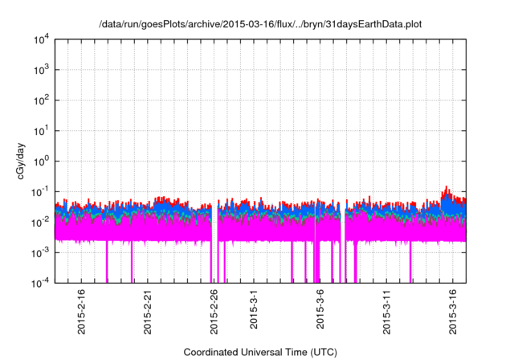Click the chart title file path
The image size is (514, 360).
[259, 25]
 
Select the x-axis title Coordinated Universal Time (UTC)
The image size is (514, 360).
[259, 352]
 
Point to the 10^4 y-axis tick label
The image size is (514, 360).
[41, 39]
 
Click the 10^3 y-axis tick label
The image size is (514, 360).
[41, 70]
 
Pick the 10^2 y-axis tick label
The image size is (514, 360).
[41, 100]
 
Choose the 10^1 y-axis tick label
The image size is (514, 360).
[41, 130]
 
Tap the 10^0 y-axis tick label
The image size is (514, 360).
[41, 161]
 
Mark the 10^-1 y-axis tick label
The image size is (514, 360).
[41, 191]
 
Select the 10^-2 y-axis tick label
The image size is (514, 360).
[41, 222]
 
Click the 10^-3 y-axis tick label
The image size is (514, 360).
[41, 252]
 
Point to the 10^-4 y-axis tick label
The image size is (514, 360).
[41, 282]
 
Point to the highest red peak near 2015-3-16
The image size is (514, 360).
[447, 186]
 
